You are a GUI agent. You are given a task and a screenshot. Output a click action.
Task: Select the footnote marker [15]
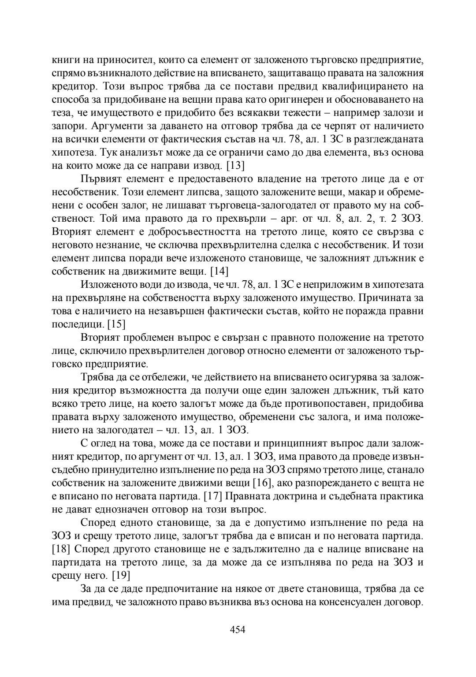[x=116, y=324]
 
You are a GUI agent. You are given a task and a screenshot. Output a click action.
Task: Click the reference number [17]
[x=213, y=496]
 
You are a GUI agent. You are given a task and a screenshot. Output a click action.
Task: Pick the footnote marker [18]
[x=61, y=549]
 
